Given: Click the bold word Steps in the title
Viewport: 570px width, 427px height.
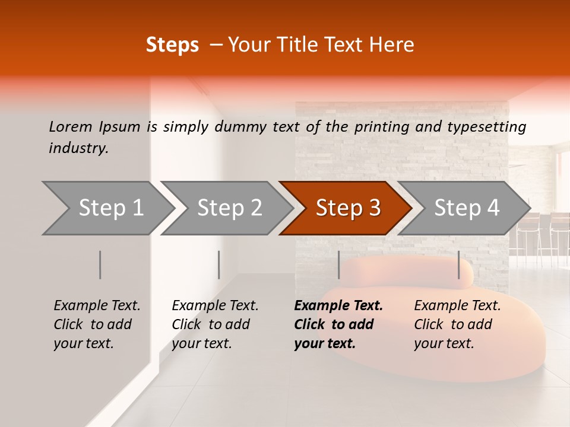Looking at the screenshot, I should pyautogui.click(x=172, y=45).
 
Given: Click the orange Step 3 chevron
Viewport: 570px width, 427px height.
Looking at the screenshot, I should pyautogui.click(x=347, y=208).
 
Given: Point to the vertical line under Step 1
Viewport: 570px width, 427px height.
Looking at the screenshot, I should pyautogui.click(x=100, y=265).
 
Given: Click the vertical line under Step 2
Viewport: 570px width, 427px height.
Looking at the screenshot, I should pyautogui.click(x=219, y=265).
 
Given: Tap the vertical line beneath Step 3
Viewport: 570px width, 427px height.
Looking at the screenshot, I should pyautogui.click(x=338, y=265).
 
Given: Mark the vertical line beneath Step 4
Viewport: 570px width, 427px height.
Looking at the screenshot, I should pyautogui.click(x=459, y=265).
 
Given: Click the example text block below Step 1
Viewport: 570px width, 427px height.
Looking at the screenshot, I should pyautogui.click(x=97, y=324).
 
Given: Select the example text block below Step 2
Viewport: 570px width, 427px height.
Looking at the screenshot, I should pyautogui.click(x=215, y=324).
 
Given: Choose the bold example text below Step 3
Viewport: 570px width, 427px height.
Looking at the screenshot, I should pyautogui.click(x=338, y=324).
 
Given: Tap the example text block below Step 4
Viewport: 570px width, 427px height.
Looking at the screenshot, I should pyautogui.click(x=457, y=324).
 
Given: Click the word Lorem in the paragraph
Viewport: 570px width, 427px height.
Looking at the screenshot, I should pyautogui.click(x=70, y=127).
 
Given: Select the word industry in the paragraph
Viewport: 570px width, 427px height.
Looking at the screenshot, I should pyautogui.click(x=78, y=148).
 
